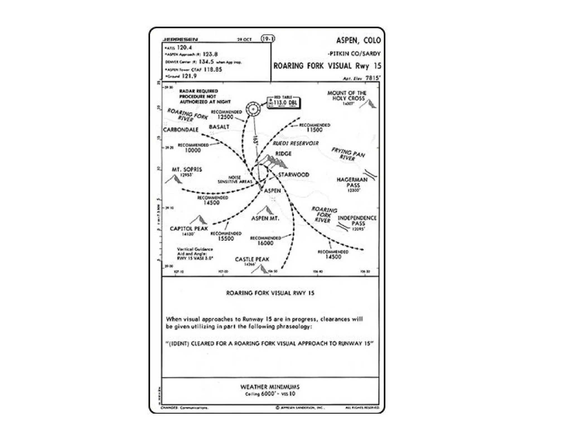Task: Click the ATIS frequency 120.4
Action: pos(184,48)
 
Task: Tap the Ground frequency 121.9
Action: pos(189,76)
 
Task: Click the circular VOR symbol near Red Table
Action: pos(253,109)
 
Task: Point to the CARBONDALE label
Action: pos(181,130)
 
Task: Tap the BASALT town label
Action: pos(219,127)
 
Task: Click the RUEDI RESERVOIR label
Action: pos(295,143)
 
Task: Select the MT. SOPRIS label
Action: pos(187,169)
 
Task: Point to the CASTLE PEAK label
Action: pos(252,259)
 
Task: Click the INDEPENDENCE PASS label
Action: pos(357,220)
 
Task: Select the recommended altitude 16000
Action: pos(265,243)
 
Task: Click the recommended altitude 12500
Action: pos(225,117)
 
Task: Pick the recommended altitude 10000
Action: pos(193,150)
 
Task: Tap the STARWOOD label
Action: pos(294,175)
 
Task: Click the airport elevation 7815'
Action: pos(373,78)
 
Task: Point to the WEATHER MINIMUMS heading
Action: pos(270,387)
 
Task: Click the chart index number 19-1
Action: pos(268,39)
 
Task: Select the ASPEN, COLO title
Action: pos(358,41)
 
